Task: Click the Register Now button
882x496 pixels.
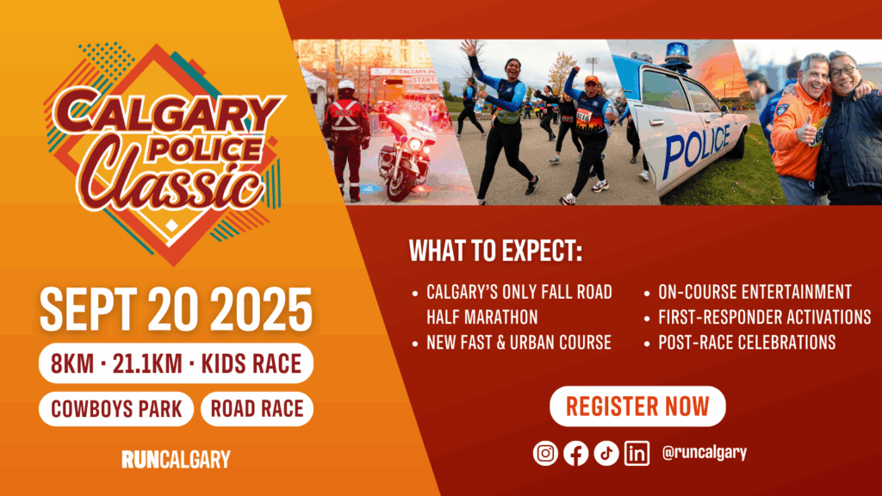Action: [x=637, y=406]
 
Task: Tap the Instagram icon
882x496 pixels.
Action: [x=545, y=453]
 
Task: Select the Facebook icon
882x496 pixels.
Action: [x=576, y=453]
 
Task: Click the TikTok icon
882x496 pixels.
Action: [x=606, y=453]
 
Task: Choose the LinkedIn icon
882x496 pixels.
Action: [x=637, y=453]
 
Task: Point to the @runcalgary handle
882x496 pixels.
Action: [x=705, y=452]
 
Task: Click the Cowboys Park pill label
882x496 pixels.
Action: [x=116, y=409]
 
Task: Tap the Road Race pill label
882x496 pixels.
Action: [x=257, y=409]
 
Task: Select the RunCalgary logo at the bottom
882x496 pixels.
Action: [x=176, y=460]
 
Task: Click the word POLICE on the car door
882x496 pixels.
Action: [x=697, y=149]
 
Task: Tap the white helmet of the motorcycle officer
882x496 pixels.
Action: [x=346, y=86]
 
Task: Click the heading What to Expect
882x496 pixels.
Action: [x=495, y=251]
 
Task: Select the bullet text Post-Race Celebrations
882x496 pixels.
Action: [x=747, y=343]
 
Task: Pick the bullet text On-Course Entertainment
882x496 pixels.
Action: [x=755, y=292]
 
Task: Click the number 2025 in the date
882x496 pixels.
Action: [x=264, y=309]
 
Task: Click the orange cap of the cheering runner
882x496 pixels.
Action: [x=591, y=79]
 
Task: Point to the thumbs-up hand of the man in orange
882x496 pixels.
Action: [x=806, y=131]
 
